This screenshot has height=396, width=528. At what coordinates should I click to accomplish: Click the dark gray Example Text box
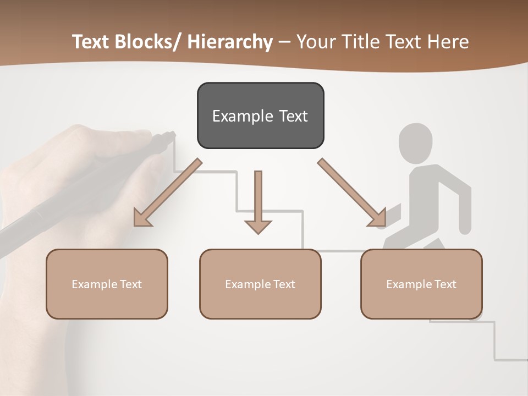pyautogui.click(x=260, y=116)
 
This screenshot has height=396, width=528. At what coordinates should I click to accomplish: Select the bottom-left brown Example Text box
pyautogui.click(x=107, y=284)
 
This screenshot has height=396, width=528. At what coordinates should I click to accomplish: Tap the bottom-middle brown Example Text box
pyautogui.click(x=260, y=284)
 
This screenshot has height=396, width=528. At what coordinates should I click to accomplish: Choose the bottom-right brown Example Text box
pyautogui.click(x=421, y=284)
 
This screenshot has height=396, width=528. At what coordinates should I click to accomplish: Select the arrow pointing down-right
pyautogui.click(x=352, y=193)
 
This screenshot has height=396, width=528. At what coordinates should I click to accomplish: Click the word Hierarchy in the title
pyautogui.click(x=230, y=42)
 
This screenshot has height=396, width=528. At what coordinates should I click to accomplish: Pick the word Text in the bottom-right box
pyautogui.click(x=445, y=284)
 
